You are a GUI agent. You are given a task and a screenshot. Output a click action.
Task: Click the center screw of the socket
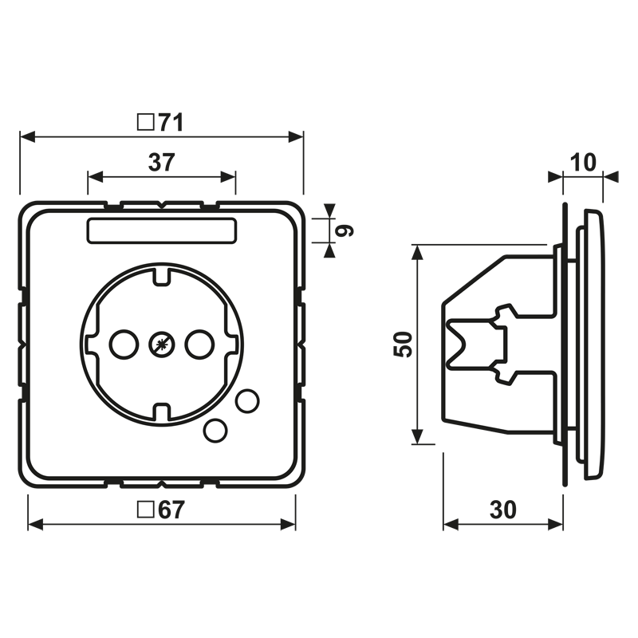click(160, 345)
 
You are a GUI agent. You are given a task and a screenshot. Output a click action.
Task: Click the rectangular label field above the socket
click(162, 230)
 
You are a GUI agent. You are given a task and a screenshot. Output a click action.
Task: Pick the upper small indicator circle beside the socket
click(247, 400)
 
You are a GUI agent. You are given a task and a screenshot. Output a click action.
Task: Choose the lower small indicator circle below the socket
click(215, 430)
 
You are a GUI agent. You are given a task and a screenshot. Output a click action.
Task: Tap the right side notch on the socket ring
click(231, 345)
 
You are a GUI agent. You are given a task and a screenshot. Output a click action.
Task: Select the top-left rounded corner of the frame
click(33, 217)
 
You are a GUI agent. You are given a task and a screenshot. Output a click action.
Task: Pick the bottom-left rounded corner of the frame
click(33, 472)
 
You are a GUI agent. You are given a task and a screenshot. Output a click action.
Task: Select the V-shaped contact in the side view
click(463, 344)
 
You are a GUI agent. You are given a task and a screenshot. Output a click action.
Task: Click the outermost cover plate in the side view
click(593, 345)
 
